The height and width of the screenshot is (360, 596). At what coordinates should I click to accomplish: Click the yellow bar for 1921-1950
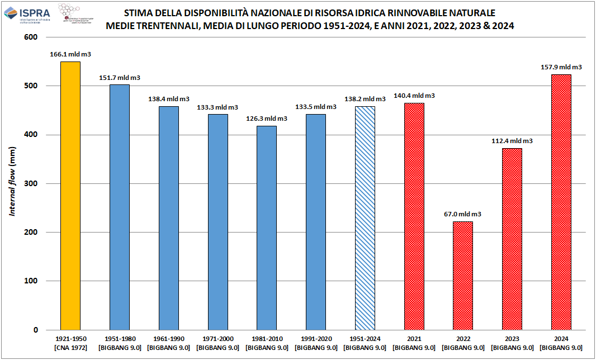[x=70, y=196]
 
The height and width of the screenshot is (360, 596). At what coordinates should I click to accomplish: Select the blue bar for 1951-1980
[x=119, y=207]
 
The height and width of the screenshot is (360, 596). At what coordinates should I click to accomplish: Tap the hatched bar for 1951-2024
[x=365, y=218]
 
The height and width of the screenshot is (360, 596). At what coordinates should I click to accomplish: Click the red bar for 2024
[x=561, y=202]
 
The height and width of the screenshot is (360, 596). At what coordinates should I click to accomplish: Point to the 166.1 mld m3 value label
[x=70, y=54]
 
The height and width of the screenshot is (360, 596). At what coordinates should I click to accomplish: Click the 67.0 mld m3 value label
[x=463, y=214]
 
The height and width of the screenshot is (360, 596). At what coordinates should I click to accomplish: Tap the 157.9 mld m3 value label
[x=561, y=67]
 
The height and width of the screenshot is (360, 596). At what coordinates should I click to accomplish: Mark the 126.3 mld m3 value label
[x=267, y=119]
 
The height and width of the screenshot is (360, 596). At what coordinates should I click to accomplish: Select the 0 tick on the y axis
[x=35, y=330]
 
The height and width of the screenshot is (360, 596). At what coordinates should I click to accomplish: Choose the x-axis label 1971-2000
[x=217, y=339]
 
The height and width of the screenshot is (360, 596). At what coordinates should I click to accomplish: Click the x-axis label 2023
[x=512, y=339]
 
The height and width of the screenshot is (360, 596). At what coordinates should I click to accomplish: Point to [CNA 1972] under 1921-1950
[x=70, y=348]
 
